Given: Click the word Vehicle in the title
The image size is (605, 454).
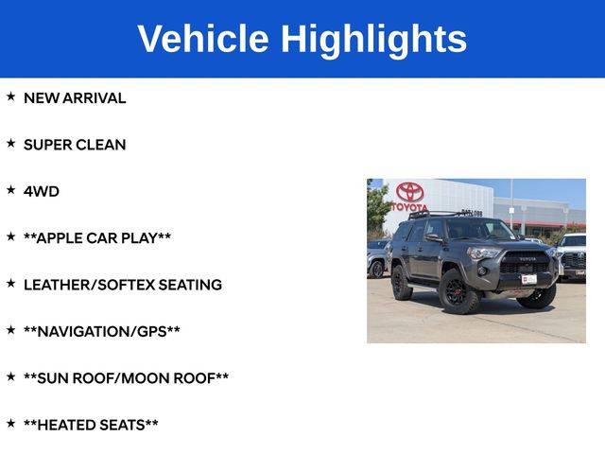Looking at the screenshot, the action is click(x=203, y=39).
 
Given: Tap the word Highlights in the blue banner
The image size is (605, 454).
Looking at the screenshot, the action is click(x=373, y=40).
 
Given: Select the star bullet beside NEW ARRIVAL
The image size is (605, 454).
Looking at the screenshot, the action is click(x=10, y=96).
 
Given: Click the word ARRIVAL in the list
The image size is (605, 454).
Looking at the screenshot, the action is click(x=94, y=98).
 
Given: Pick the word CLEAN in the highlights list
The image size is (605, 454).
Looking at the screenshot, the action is click(x=101, y=145).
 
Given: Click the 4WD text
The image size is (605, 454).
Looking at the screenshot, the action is click(x=42, y=191).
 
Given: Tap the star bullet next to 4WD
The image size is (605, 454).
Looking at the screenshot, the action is click(x=10, y=189).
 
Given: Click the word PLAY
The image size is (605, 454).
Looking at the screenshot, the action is click(x=139, y=238).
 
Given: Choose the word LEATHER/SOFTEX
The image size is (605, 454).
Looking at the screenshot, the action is click(x=89, y=285).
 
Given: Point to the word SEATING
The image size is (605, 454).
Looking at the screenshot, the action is click(x=190, y=285).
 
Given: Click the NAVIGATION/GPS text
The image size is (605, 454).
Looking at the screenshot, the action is click(x=102, y=332).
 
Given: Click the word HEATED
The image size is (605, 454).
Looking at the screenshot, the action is click(x=66, y=425).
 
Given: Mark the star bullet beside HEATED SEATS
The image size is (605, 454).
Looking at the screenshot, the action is click(x=10, y=423).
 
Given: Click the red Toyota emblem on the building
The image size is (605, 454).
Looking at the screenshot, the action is click(x=409, y=192).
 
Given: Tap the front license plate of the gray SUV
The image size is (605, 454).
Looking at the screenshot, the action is click(x=529, y=279).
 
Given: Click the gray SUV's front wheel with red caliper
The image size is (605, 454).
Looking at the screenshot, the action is click(x=459, y=291).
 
